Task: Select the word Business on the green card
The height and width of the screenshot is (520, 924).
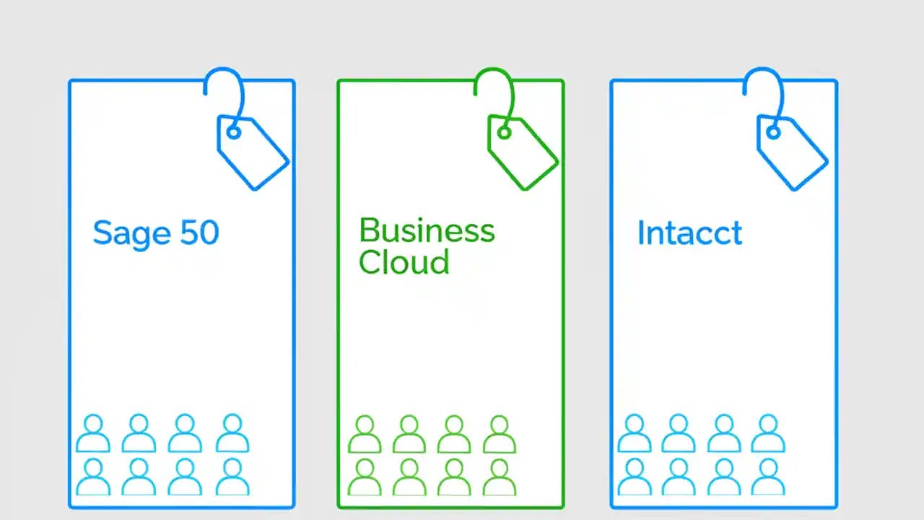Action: [427, 230]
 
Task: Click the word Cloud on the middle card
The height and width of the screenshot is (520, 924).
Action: [404, 261]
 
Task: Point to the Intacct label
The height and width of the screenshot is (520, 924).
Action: [689, 233]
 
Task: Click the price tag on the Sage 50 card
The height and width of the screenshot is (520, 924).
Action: [253, 152]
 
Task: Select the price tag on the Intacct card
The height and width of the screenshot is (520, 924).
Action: [792, 152]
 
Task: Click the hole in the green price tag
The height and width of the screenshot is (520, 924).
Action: [504, 132]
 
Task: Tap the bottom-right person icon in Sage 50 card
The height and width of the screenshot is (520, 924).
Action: [232, 477]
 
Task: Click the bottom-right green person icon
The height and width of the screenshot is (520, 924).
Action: [499, 477]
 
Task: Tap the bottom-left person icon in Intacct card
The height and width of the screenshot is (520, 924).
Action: [635, 477]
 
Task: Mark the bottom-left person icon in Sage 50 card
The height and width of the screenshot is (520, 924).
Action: [93, 477]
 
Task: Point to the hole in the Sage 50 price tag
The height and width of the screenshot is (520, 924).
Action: [233, 132]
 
